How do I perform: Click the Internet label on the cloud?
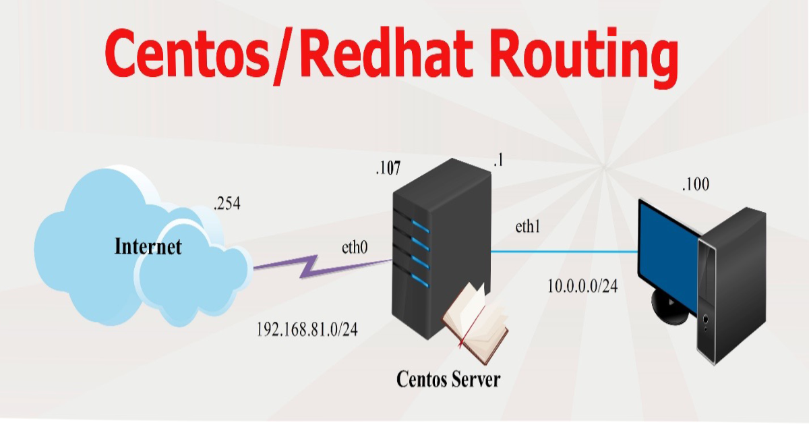(x=148, y=246)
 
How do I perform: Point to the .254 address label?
(x=227, y=204)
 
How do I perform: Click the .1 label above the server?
(x=498, y=161)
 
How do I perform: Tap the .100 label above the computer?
(x=695, y=183)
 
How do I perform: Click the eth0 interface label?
(x=355, y=247)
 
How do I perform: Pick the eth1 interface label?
(x=529, y=227)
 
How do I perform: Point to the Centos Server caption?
(x=448, y=378)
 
